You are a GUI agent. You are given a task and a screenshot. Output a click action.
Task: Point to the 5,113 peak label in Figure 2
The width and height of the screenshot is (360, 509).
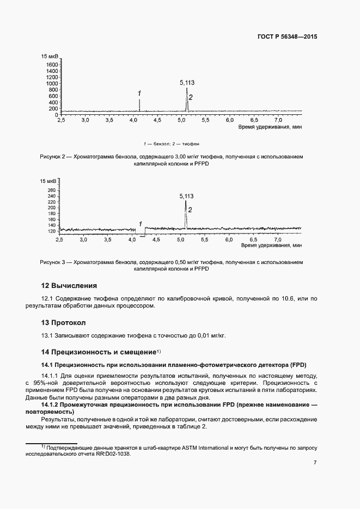pyautogui.click(x=187, y=83)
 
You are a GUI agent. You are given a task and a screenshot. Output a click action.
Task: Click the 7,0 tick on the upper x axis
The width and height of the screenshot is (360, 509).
pyautogui.click(x=278, y=119)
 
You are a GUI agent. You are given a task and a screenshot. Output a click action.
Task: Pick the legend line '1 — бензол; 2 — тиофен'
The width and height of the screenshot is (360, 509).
pyautogui.click(x=171, y=144)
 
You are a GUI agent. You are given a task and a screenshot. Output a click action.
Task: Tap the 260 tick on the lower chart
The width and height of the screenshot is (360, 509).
pyautogui.click(x=52, y=190)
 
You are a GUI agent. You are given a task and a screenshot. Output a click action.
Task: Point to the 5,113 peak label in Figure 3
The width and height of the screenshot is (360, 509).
pyautogui.click(x=186, y=196)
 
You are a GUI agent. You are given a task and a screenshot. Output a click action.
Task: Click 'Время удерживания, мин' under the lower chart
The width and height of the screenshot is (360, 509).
pyautogui.click(x=271, y=246)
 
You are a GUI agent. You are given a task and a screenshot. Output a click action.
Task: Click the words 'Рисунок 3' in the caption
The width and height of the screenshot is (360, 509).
pyautogui.click(x=52, y=262)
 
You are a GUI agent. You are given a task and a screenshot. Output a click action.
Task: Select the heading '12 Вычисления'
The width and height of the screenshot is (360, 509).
pyautogui.click(x=69, y=285)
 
